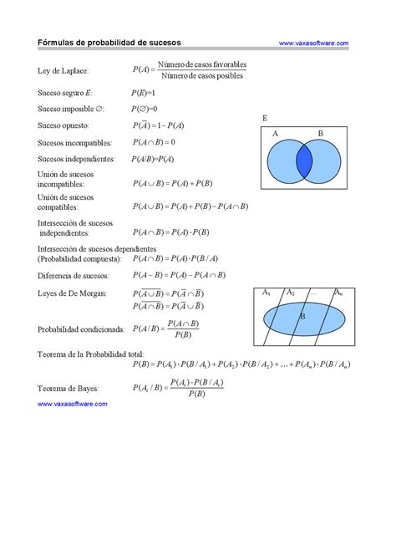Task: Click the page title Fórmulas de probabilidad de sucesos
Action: [x=109, y=43]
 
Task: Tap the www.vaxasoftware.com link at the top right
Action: [x=313, y=43]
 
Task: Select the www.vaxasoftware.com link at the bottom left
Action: [x=73, y=403]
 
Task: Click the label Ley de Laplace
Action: [x=63, y=72]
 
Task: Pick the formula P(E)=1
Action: [x=145, y=93]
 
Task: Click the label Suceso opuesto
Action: [x=63, y=125]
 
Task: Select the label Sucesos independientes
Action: [x=76, y=158]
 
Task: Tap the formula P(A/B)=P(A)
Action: [x=153, y=158]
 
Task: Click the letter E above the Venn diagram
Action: [x=265, y=118]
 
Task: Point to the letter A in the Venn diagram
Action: [x=275, y=134]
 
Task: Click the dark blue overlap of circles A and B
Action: [x=304, y=161]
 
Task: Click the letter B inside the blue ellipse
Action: [x=302, y=317]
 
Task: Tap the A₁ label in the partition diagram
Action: [x=267, y=293]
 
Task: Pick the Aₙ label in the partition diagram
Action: [x=338, y=293]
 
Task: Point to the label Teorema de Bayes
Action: [x=69, y=388]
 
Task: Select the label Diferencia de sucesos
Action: [x=74, y=275]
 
